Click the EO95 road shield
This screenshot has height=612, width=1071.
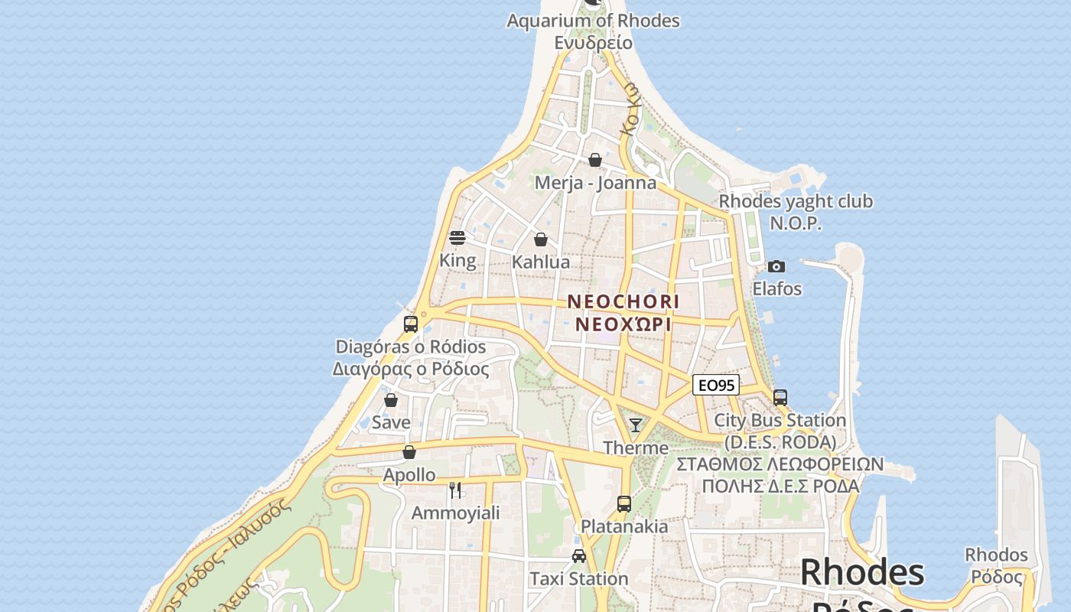(716, 386)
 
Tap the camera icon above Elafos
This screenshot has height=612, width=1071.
(776, 266)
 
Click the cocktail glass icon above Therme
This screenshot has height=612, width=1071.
(636, 425)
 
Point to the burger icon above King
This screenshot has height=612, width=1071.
(457, 238)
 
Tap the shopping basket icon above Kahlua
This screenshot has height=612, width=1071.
(541, 239)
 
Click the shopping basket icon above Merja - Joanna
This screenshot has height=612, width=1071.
(595, 160)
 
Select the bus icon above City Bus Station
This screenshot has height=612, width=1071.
(780, 398)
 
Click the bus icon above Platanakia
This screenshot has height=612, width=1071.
(624, 504)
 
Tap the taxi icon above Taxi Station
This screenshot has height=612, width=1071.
(579, 556)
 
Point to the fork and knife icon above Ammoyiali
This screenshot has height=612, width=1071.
(455, 490)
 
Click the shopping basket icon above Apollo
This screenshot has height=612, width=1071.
(409, 452)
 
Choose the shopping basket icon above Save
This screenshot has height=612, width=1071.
(391, 400)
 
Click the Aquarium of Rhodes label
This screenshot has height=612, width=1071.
(593, 21)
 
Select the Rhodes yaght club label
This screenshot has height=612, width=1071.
(796, 202)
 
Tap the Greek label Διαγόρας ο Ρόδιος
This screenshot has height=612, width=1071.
(411, 369)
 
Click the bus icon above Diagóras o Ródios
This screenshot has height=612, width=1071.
(411, 324)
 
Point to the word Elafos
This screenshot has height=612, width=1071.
(776, 289)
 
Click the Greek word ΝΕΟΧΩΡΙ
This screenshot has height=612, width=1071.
(623, 324)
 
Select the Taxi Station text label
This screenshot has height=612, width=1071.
(579, 579)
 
